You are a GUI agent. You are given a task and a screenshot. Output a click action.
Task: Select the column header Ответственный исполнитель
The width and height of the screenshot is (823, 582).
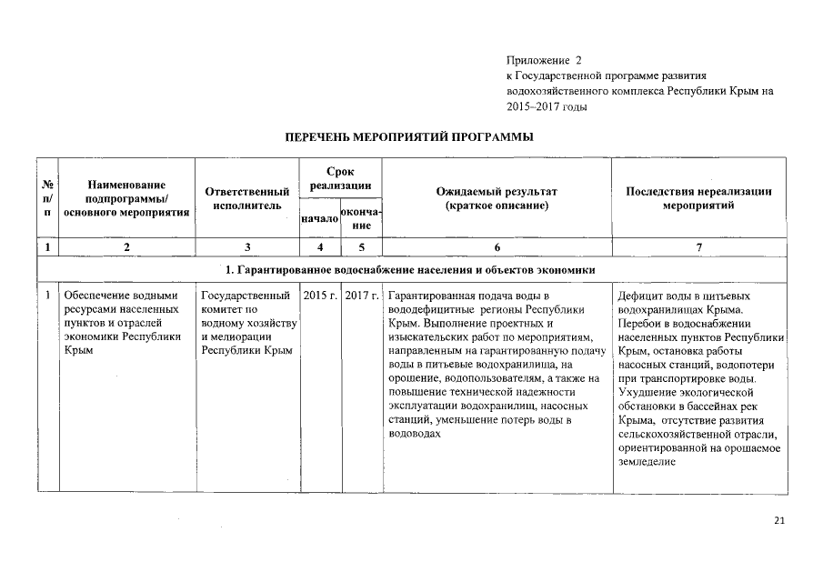(246, 199)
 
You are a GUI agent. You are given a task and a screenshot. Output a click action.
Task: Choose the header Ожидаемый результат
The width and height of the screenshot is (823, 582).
(497, 199)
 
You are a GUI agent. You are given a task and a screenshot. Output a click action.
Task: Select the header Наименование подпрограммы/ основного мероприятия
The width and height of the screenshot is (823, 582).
(126, 199)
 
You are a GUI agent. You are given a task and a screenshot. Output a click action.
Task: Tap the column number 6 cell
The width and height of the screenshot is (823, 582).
(497, 247)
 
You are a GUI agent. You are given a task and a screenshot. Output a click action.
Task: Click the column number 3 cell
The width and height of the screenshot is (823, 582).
(246, 247)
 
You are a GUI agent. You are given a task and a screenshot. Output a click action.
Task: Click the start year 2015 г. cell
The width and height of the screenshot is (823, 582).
(319, 296)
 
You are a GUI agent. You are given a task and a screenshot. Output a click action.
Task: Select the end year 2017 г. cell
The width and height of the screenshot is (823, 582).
(361, 296)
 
